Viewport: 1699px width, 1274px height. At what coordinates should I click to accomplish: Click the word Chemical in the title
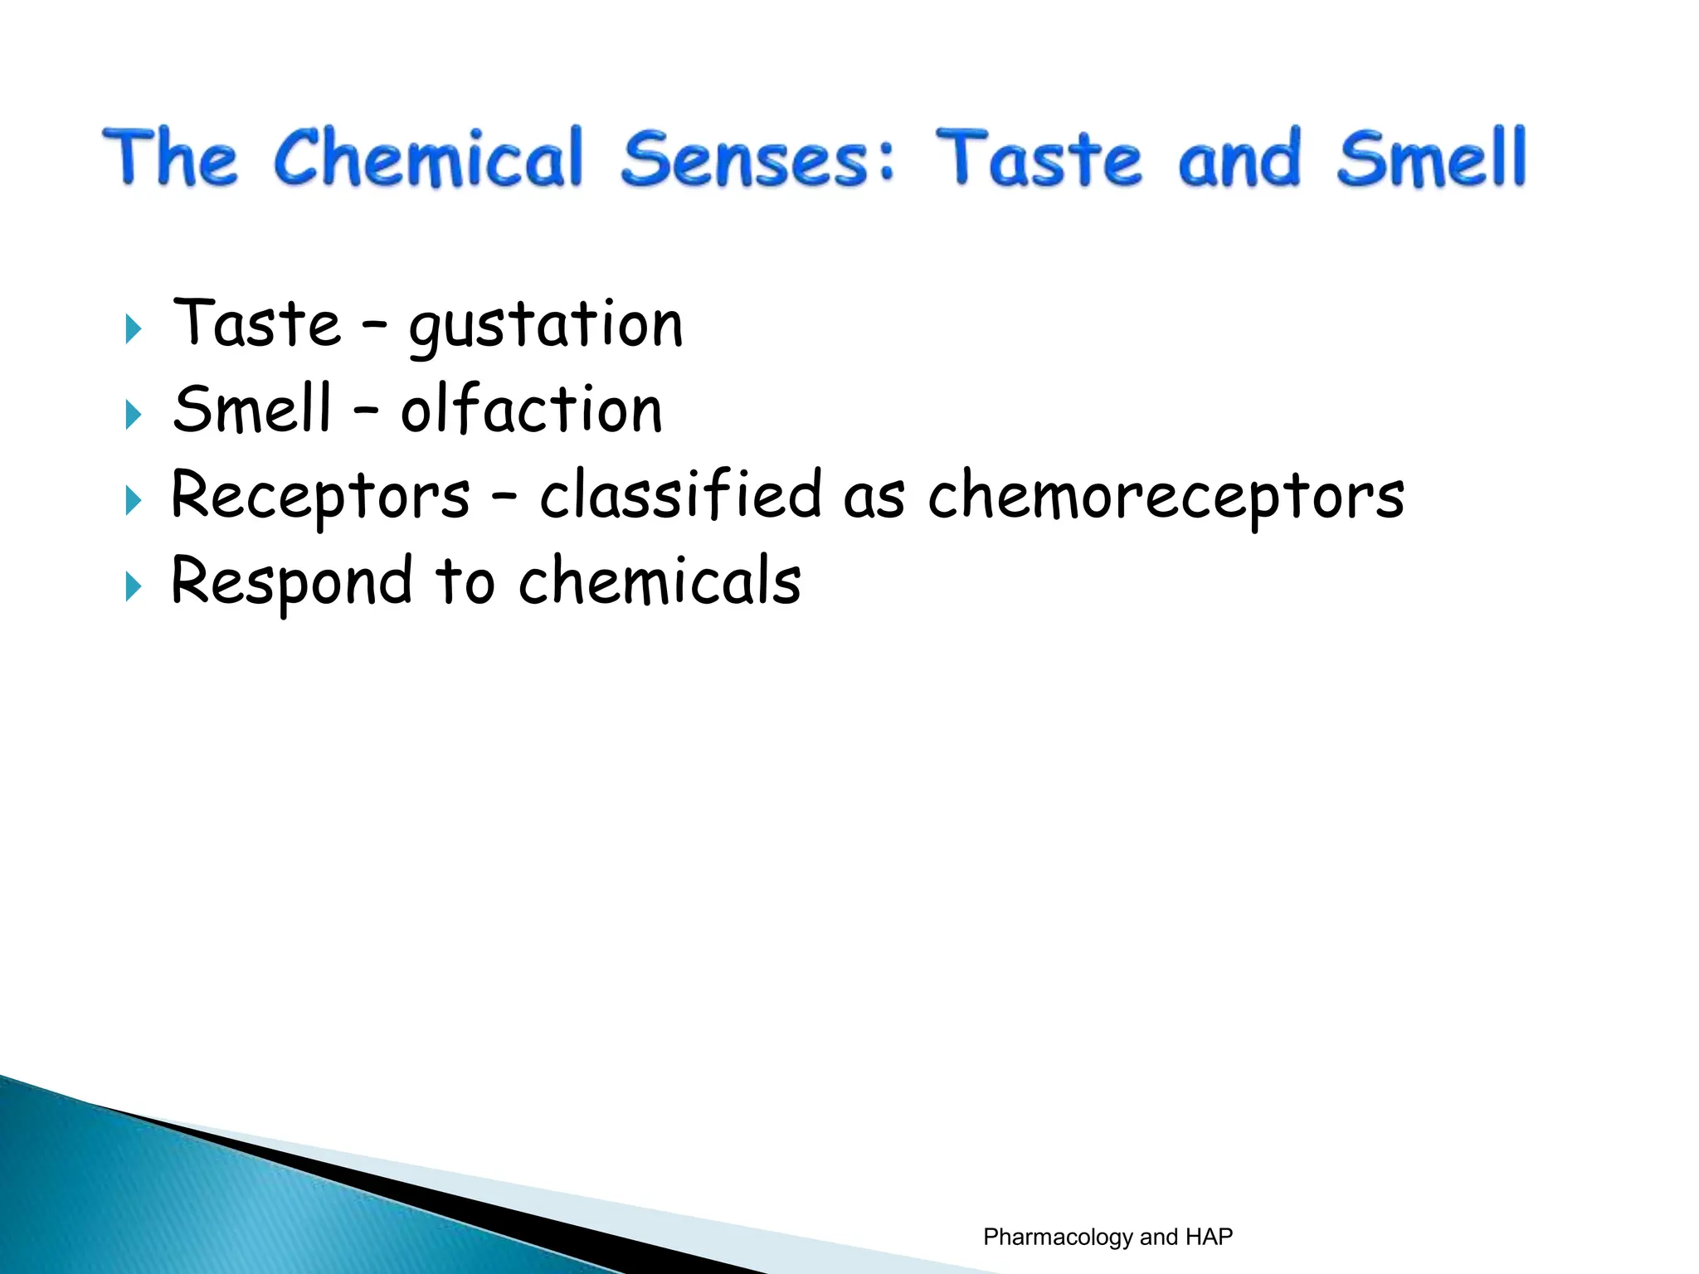[428, 158]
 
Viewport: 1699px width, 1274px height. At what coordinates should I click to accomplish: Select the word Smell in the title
[1431, 158]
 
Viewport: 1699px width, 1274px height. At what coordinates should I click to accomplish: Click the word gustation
[546, 326]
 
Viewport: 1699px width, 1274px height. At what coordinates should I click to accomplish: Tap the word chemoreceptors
[1166, 496]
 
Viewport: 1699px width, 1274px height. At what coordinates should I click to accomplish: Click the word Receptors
[320, 496]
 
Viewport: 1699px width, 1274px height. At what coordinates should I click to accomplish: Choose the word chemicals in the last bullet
[660, 581]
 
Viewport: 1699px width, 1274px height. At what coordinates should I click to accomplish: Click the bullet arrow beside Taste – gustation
[133, 329]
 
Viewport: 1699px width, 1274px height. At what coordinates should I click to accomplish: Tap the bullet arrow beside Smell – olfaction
[133, 415]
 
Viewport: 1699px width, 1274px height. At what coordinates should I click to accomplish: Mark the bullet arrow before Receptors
[133, 501]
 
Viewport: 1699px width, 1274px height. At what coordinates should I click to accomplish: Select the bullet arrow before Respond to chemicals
[133, 586]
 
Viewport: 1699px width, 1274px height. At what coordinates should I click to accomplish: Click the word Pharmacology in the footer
[1058, 1238]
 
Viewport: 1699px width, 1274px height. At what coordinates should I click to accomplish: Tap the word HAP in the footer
[1209, 1237]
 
